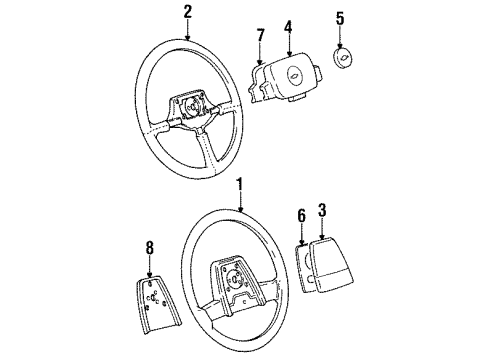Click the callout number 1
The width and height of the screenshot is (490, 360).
point(241,184)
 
